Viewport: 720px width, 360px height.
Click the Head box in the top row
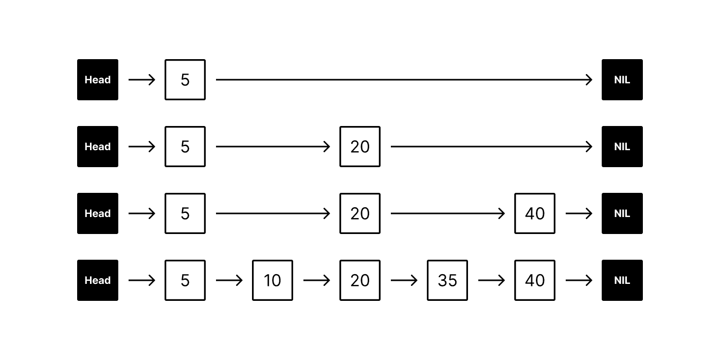[x=98, y=80]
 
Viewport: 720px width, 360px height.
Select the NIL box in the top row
[x=622, y=80]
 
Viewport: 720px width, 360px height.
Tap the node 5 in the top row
[x=185, y=80]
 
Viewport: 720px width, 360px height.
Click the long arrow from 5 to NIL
[x=404, y=80]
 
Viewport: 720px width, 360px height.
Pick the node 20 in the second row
[x=360, y=147]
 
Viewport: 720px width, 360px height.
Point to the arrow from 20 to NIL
[x=492, y=147]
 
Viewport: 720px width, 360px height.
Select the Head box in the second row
[x=98, y=147]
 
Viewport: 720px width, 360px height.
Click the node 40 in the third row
[x=535, y=213]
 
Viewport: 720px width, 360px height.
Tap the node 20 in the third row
[x=360, y=213]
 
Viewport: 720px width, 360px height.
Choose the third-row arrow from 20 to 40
[x=448, y=213]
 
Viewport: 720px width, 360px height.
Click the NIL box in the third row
[x=622, y=213]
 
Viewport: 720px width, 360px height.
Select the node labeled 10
[x=273, y=280]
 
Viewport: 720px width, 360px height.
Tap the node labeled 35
[x=447, y=280]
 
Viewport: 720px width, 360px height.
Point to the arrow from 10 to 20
[x=317, y=280]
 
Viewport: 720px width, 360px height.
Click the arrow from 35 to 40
[x=492, y=280]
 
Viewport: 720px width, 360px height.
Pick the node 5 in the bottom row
[x=185, y=280]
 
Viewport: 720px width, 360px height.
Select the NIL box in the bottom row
[x=622, y=280]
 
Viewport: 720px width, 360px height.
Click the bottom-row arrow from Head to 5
[x=142, y=280]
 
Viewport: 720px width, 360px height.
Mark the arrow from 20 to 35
[x=404, y=280]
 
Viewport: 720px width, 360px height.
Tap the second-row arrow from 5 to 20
[x=273, y=147]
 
